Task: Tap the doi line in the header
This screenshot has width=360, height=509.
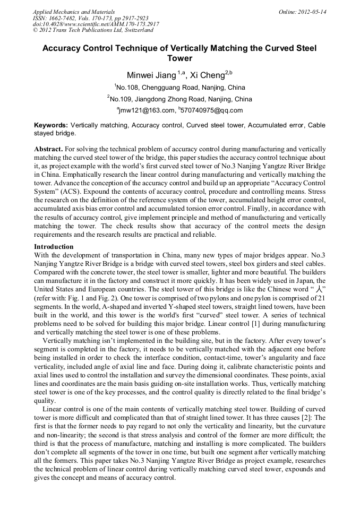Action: [x=96, y=24]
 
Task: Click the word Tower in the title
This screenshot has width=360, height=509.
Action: [x=179, y=58]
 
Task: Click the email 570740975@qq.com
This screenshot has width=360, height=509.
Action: [x=211, y=110]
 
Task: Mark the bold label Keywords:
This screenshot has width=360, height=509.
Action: [x=51, y=125]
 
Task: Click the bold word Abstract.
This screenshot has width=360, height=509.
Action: [x=48, y=150]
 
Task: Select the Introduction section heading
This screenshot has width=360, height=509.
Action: [x=54, y=247]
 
